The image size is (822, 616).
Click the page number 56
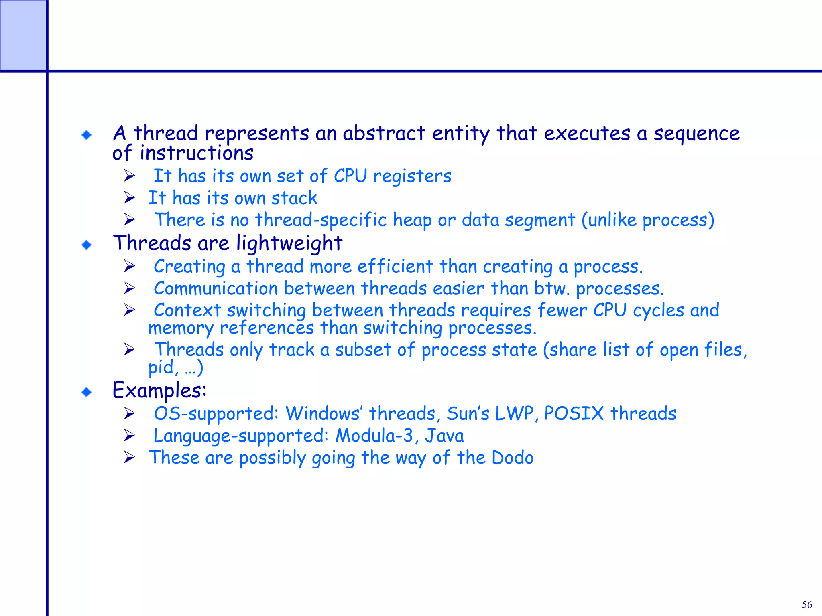(x=807, y=604)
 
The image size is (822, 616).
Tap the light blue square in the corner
(x=23, y=35)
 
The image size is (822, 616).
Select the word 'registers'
(x=412, y=176)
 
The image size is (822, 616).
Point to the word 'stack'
(x=294, y=198)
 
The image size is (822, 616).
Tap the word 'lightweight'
(x=289, y=243)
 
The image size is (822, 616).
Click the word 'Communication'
(x=216, y=288)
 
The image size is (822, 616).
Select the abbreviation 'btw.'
(x=552, y=288)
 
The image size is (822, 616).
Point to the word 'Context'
(x=187, y=310)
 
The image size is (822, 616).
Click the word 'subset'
(x=363, y=350)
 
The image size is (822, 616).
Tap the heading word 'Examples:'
(x=159, y=390)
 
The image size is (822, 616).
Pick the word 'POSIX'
(x=574, y=413)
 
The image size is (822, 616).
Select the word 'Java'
(x=444, y=436)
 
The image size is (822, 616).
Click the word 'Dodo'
(x=513, y=458)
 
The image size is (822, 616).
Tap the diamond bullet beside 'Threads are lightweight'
(x=86, y=245)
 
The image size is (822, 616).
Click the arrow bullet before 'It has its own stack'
(x=129, y=198)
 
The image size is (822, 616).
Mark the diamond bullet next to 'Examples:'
(x=86, y=392)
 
